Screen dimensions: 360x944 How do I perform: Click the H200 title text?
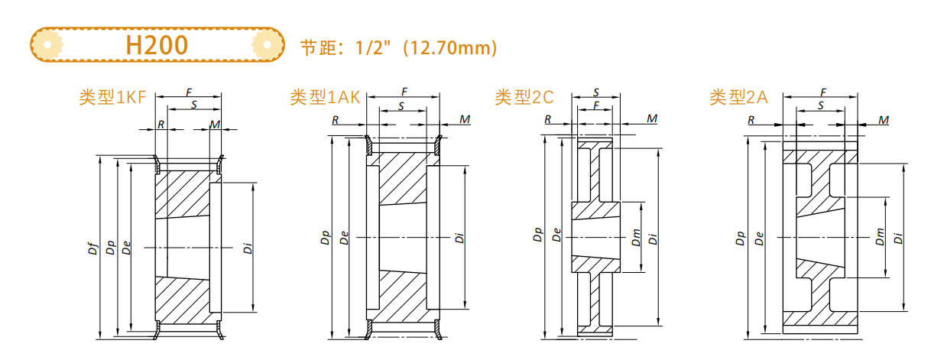coord(157,45)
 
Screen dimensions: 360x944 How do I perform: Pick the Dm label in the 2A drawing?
coord(880,238)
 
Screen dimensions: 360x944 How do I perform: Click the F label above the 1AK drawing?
coord(404,92)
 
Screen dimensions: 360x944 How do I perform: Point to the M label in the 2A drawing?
coord(884,119)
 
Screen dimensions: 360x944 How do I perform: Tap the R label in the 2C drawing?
coord(547,119)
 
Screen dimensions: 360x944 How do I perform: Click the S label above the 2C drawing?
coord(596,92)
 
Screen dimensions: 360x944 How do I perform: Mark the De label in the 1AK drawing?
coord(345,238)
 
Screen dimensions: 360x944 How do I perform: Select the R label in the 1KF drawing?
coord(161,124)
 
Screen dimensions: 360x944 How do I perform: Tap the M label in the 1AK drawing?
coord(465,119)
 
